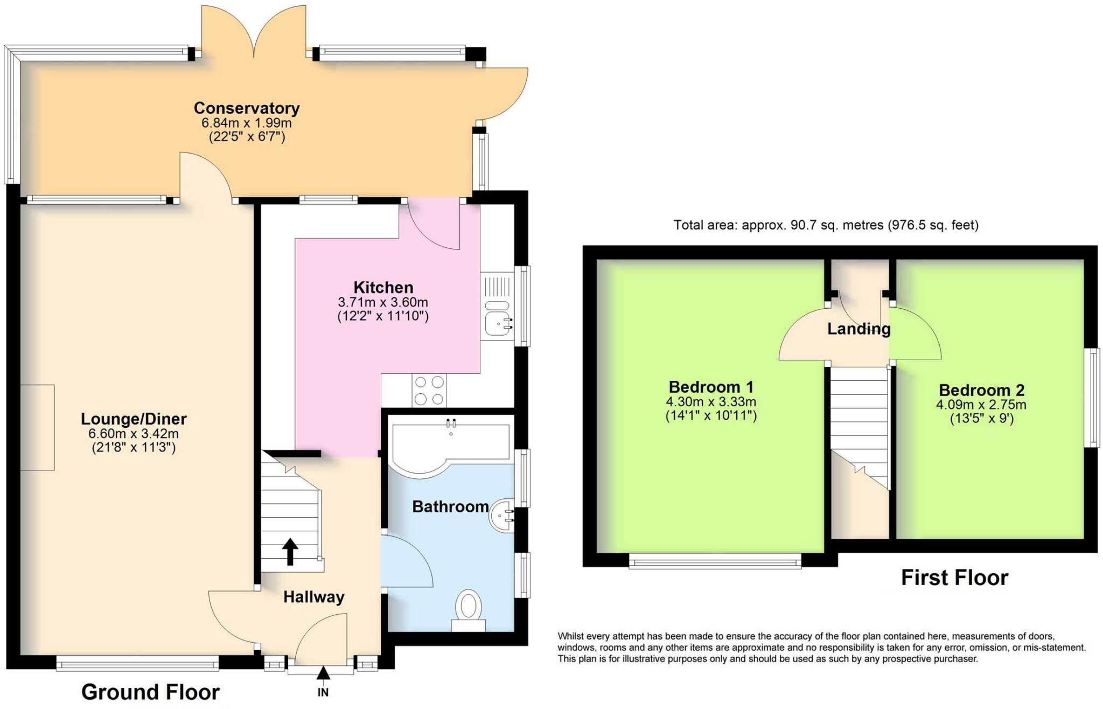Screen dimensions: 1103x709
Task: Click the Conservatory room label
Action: (x=247, y=108)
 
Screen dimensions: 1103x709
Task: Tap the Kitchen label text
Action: (x=383, y=287)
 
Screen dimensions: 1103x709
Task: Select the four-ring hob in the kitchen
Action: (x=429, y=391)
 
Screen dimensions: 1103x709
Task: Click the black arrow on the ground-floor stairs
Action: (x=290, y=552)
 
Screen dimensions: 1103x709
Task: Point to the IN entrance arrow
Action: (x=323, y=673)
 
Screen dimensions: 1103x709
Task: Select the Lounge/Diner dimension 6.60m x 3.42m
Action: (x=134, y=434)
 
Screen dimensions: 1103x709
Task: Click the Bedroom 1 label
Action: (x=711, y=387)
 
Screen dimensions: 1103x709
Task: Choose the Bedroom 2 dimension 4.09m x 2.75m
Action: (x=981, y=405)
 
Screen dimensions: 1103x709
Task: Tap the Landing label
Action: (x=859, y=329)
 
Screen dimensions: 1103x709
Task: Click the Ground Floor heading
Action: (x=150, y=692)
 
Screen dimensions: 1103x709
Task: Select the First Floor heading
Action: (x=954, y=578)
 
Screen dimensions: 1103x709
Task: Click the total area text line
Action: (x=826, y=225)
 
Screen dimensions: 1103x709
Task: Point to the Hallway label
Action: (x=314, y=597)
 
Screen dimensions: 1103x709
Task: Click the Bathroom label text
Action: (x=450, y=506)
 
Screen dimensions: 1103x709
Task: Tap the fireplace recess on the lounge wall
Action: (x=38, y=427)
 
